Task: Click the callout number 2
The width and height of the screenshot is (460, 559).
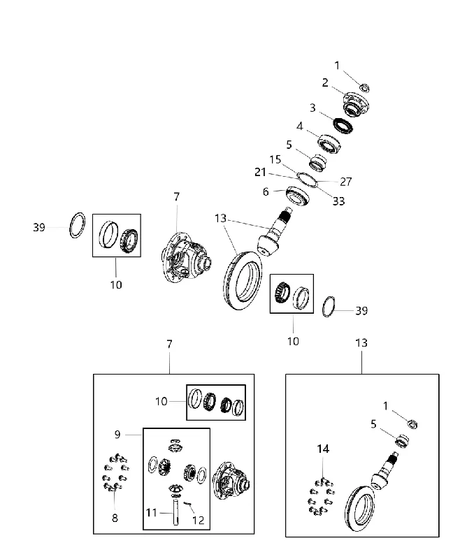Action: pos(325,82)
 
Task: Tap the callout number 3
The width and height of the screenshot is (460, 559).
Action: pos(312,108)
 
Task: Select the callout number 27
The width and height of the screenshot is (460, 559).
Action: pos(345,182)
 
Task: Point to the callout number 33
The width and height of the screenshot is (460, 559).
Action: pos(339,201)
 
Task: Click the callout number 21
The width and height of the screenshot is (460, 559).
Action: pos(260,172)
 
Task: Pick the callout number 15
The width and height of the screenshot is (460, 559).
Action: pos(275,159)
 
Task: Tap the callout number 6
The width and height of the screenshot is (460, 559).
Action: pos(266,191)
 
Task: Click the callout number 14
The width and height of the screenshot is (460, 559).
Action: pos(323,449)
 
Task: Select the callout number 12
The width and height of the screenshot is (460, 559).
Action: pos(199,520)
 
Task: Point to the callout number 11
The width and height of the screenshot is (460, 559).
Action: pos(152,513)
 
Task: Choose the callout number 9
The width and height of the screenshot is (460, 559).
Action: pos(117,435)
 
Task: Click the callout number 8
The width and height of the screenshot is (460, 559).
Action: pos(115,518)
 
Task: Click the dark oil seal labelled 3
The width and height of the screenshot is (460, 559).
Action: pos(343,126)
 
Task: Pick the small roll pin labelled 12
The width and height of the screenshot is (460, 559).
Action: pos(187,503)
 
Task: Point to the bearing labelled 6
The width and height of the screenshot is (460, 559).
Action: pos(297,196)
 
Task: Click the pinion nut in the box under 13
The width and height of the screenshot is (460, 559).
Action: pos(413,424)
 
